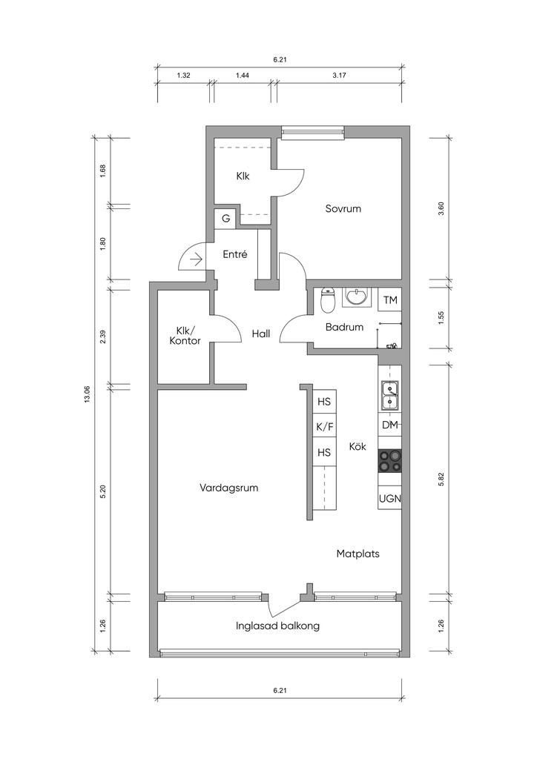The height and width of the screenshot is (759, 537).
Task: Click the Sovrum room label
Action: (x=343, y=208)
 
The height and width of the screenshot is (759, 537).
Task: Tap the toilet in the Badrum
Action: (x=329, y=300)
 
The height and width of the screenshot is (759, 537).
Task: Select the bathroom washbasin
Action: (x=357, y=297)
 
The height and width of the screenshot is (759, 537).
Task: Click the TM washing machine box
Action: (x=390, y=300)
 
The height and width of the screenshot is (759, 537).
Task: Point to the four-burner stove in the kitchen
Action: (x=390, y=461)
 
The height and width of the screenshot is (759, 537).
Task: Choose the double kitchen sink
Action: (x=390, y=395)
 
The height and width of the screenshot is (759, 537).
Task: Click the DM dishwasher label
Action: (x=390, y=425)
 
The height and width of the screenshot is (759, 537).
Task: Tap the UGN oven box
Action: (x=390, y=497)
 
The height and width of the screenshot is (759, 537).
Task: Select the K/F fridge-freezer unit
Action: (x=324, y=426)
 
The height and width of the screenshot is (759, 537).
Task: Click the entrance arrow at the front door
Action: (x=196, y=260)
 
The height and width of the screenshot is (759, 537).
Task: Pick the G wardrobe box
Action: (x=225, y=219)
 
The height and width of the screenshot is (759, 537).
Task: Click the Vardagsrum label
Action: (x=228, y=488)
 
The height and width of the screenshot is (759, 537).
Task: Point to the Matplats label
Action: (x=358, y=553)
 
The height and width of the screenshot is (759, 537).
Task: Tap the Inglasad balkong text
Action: (x=277, y=626)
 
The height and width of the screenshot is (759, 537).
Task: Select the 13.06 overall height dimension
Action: (x=88, y=394)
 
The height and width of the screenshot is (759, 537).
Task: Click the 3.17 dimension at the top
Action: (x=339, y=75)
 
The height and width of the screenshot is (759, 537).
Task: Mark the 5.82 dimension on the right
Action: (x=441, y=478)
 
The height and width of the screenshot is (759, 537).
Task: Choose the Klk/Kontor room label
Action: (x=185, y=336)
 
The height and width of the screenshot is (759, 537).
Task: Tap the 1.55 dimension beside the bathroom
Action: (x=441, y=318)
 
